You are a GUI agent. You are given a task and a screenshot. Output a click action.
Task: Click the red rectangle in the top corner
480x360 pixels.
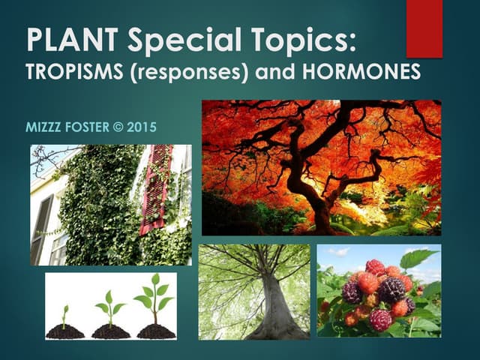[x=424, y=28]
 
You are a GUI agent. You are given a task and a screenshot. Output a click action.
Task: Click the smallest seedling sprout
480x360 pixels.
[x=64, y=315]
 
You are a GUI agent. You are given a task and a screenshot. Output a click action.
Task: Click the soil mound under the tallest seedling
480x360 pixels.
[x=156, y=331]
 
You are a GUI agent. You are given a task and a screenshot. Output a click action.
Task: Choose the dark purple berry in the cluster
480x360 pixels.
[x=390, y=289]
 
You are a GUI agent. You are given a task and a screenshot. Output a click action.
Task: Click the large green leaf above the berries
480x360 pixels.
[x=417, y=259]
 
